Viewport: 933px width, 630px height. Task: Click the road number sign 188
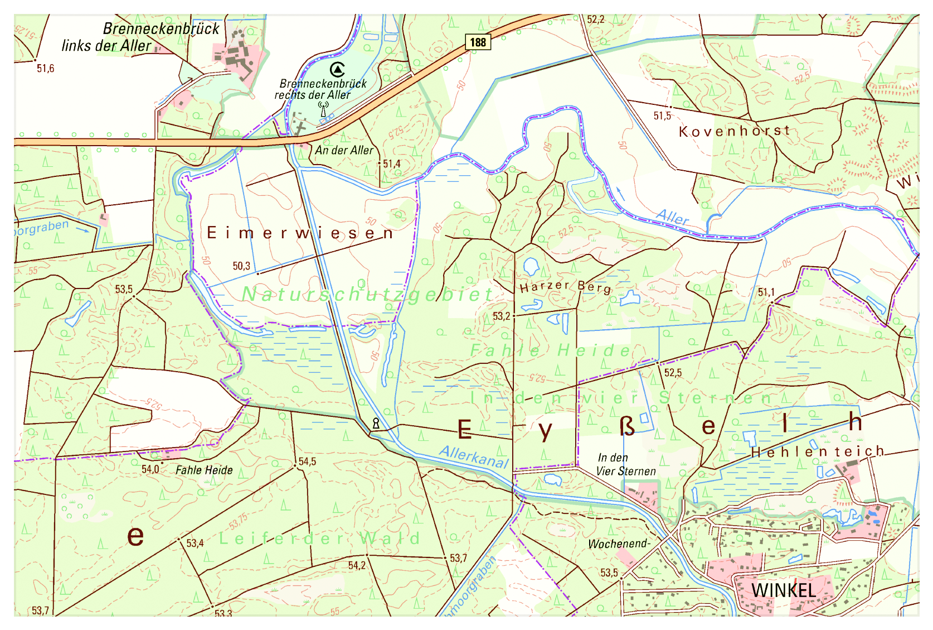click(x=478, y=42)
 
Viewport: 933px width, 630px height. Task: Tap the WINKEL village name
click(x=783, y=590)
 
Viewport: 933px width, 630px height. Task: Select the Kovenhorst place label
click(x=735, y=132)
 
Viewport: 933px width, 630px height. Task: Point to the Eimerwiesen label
click(x=300, y=233)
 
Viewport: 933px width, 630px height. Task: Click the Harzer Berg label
click(x=565, y=287)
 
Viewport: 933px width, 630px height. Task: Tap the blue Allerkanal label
click(x=474, y=456)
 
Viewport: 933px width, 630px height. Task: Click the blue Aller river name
click(x=673, y=217)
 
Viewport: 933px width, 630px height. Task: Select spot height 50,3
click(x=241, y=266)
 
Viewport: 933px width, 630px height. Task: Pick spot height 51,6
click(x=45, y=69)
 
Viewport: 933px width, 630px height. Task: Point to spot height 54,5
click(x=307, y=461)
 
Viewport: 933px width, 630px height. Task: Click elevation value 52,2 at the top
click(x=595, y=20)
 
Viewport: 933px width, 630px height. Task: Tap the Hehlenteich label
click(x=818, y=451)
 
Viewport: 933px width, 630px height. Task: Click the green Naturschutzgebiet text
click(x=368, y=294)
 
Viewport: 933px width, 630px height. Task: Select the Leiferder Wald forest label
click(x=319, y=538)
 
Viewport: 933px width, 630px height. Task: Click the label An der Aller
click(x=344, y=151)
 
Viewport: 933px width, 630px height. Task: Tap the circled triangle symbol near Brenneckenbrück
click(x=337, y=69)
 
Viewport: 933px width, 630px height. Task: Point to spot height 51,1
click(x=766, y=292)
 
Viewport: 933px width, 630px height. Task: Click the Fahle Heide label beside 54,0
click(x=204, y=470)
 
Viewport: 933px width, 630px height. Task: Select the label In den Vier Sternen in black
click(x=625, y=464)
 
